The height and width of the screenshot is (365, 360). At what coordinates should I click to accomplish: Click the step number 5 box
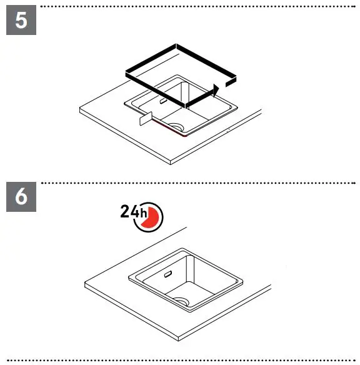coord(21,21)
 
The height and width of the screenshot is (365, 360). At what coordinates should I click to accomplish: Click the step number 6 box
coord(21,197)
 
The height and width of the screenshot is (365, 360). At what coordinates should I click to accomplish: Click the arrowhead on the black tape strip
coord(216,89)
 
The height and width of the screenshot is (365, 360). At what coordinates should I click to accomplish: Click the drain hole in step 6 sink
coord(182,300)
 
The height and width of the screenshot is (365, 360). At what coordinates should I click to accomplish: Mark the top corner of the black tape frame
coord(178,46)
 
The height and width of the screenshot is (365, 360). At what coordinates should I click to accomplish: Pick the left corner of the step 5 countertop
coord(80,111)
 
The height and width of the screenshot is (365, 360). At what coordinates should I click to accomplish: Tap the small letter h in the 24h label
coord(144,214)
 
